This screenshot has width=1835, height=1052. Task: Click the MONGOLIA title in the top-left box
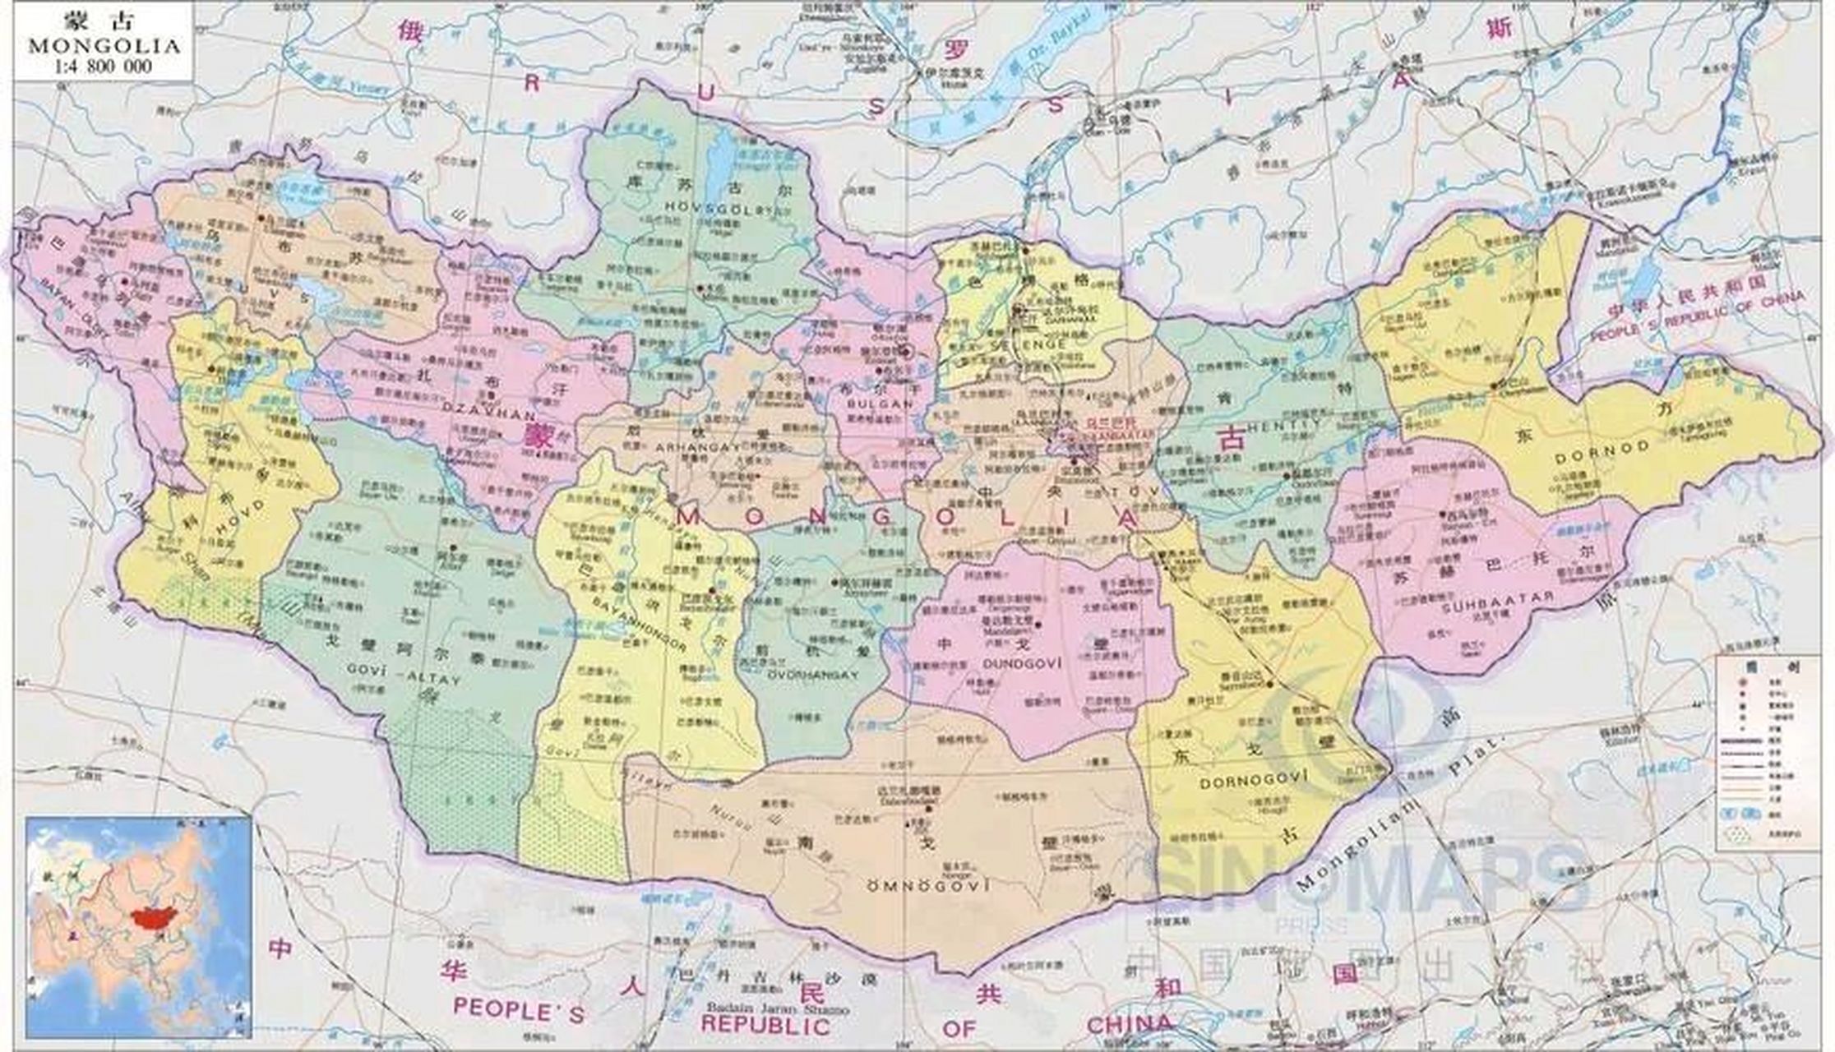[104, 46]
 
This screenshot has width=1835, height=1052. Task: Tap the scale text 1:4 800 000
[104, 67]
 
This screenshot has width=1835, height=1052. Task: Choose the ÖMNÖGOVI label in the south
[928, 885]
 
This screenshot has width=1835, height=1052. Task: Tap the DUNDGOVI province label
[1019, 662]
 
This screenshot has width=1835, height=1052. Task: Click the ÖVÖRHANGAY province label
[812, 675]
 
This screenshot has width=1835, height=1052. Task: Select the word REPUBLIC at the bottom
[765, 1026]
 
